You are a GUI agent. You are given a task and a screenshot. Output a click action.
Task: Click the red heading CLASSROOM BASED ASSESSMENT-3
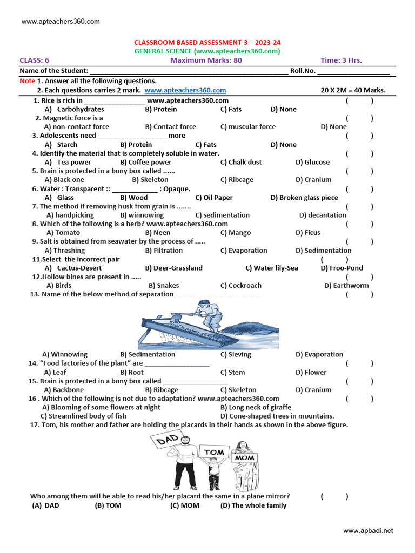pos(207,42)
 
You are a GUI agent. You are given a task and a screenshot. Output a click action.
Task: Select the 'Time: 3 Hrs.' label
pos(342,60)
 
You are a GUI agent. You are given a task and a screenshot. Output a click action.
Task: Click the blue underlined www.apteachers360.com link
pos(185,90)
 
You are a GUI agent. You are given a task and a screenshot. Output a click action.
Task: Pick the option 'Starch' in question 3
pos(67,144)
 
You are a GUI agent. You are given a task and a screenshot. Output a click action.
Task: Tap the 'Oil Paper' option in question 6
pos(218,198)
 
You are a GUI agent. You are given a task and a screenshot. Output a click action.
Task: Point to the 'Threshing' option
pos(68,251)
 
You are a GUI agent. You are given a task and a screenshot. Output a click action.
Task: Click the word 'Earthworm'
pos(351,285)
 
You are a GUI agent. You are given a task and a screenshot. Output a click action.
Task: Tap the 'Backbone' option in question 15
pos(68,389)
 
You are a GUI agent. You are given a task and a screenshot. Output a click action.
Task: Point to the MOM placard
pos(244,457)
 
